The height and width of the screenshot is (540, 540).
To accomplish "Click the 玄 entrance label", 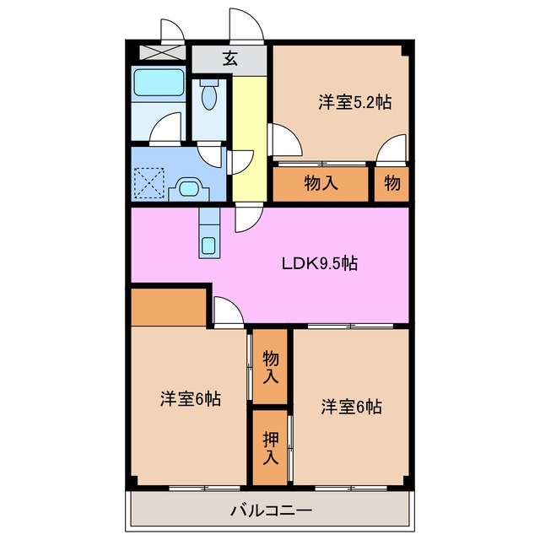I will click(229, 59).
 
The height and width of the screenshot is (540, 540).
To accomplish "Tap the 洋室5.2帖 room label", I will click(355, 102).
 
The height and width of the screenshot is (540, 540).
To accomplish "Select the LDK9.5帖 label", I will click(319, 263).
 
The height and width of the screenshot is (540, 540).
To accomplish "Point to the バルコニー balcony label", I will click(271, 510).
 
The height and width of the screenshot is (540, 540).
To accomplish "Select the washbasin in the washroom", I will click(188, 187).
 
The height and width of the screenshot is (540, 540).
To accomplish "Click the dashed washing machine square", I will click(150, 181).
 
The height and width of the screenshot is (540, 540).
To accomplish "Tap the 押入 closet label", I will click(271, 449).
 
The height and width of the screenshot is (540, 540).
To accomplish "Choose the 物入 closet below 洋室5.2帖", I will click(321, 183).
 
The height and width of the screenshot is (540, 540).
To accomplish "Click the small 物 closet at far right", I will click(391, 183).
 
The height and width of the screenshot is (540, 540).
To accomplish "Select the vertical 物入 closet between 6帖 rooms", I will click(271, 367).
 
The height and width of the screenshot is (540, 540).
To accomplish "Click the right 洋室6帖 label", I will click(351, 407).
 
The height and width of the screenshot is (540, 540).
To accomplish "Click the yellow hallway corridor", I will click(248, 135).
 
